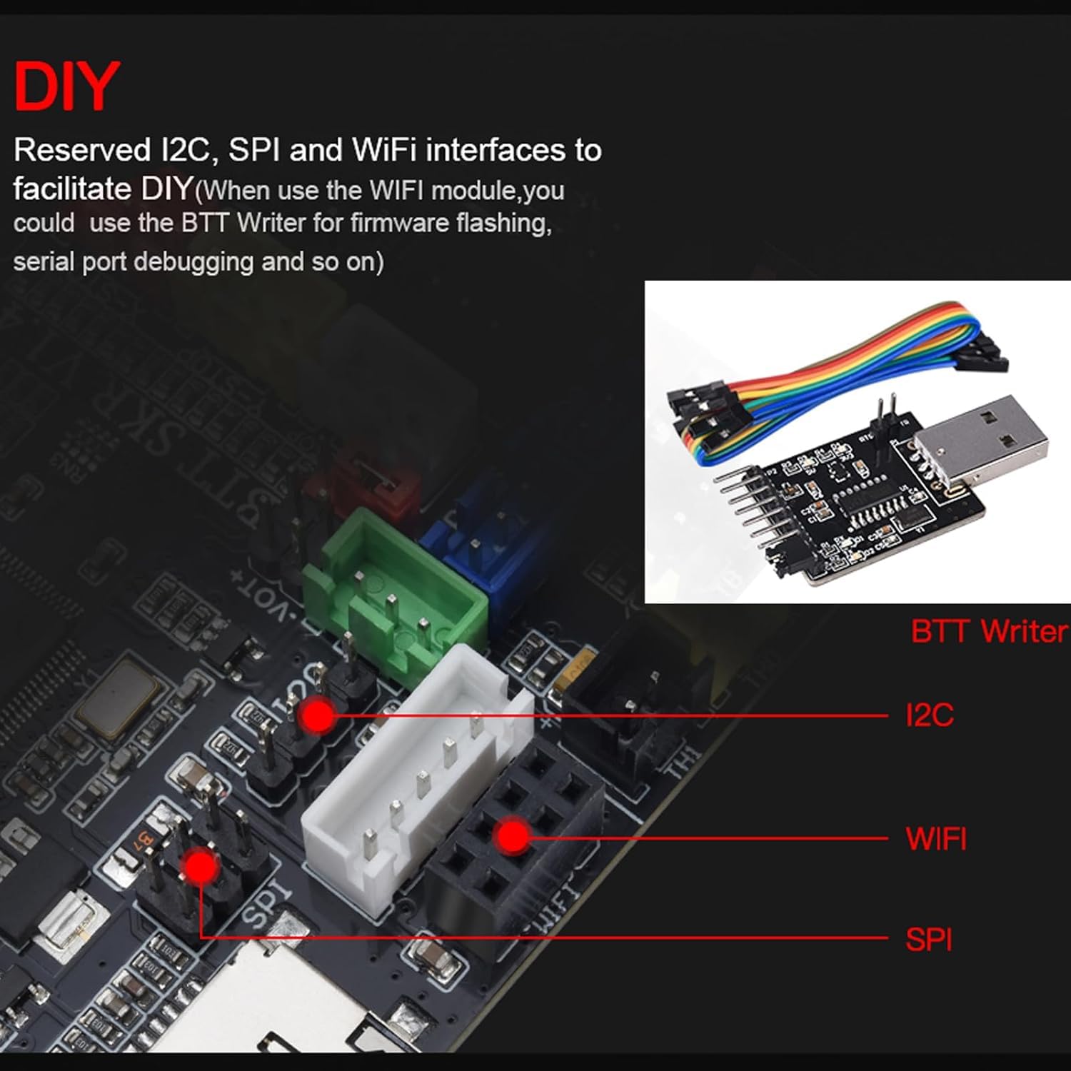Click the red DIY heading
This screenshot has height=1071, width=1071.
point(66,87)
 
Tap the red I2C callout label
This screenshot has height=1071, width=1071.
point(929,715)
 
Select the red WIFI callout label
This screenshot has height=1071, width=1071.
point(935,838)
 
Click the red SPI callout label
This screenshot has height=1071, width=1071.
point(928,939)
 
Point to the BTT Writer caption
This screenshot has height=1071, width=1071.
point(989,631)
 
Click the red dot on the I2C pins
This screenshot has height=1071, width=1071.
point(318,715)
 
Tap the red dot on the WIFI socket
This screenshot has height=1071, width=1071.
point(512,837)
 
